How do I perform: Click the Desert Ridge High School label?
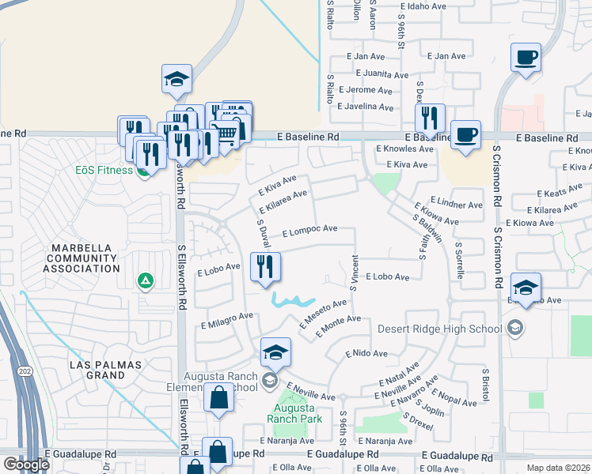pos(439,329)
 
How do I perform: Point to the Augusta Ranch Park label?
pos(294,413)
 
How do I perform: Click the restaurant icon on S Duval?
pos(265,267)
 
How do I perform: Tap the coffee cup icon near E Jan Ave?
pos(526,58)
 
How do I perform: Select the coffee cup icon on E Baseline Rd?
pos(465,134)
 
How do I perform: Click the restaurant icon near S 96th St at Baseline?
pos(430,118)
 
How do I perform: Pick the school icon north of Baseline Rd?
pos(176,78)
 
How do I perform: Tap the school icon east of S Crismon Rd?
pos(526,287)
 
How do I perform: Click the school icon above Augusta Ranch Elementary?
pos(275,352)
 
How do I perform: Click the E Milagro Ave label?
pos(227,319)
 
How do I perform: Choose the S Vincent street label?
pos(354,273)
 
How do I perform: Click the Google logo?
pos(26,465)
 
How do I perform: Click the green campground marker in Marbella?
pos(145,280)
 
